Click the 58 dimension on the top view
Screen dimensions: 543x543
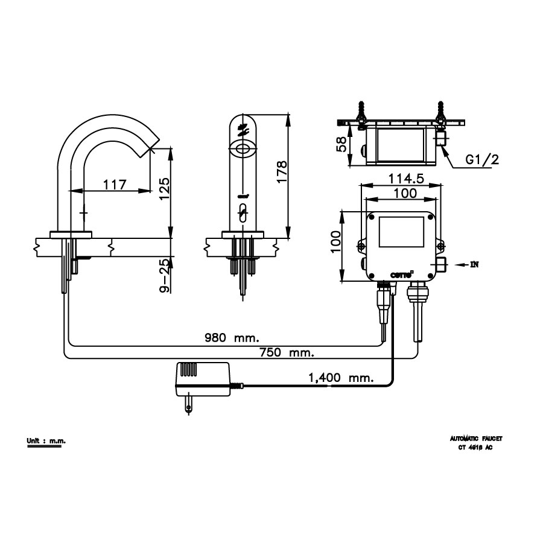(341, 144)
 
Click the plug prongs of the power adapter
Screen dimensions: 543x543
(189, 404)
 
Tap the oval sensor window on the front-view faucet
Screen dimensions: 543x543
(243, 148)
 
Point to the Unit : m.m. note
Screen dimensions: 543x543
(46, 441)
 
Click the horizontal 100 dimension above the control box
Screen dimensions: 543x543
(404, 193)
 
